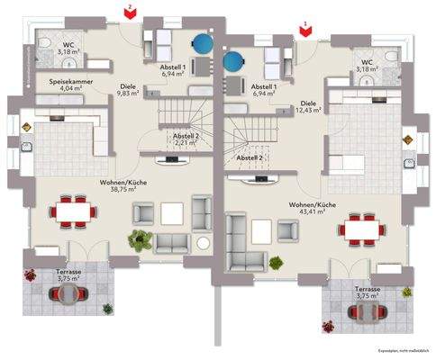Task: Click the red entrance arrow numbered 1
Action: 306,29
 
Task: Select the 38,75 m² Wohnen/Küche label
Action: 123,185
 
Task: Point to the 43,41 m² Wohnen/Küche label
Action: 313,209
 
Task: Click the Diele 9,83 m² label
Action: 129,89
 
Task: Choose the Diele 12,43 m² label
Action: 309,106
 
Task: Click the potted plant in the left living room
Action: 138,240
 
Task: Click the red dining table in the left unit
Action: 74,211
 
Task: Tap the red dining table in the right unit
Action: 362,229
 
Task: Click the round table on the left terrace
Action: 68,301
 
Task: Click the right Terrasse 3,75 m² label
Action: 368,293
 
